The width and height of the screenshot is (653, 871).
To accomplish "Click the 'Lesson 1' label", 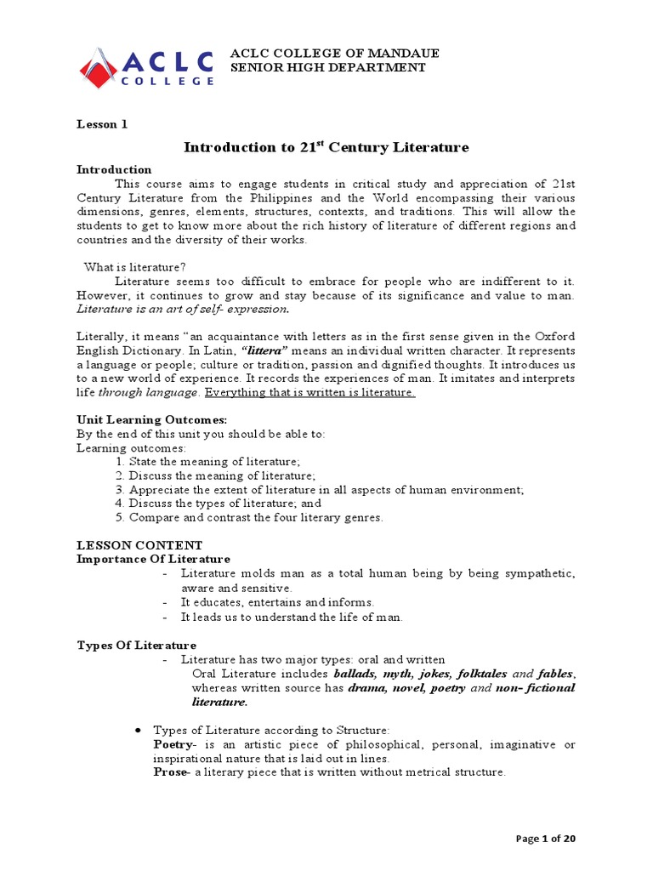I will (102, 123).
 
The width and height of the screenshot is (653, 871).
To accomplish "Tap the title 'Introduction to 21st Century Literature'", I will (326, 147).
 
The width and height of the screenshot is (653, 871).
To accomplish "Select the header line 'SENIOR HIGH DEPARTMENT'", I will (328, 67).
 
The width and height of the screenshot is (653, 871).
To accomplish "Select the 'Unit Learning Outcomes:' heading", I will (140, 420).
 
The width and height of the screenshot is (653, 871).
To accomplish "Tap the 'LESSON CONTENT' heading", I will (139, 545).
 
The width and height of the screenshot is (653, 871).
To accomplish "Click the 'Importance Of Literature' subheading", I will (153, 559).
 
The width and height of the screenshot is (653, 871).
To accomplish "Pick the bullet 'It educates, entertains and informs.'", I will (277, 602).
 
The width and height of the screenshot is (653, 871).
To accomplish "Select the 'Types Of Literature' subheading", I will (136, 646).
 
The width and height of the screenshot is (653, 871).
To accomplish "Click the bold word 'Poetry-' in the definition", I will (174, 744).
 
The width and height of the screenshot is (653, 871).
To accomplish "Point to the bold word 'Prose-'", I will (172, 772).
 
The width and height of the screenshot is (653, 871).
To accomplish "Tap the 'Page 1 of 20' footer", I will (546, 839).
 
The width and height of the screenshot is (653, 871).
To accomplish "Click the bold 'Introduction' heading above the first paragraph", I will (114, 169).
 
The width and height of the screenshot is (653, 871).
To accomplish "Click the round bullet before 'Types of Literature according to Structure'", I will (138, 731).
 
